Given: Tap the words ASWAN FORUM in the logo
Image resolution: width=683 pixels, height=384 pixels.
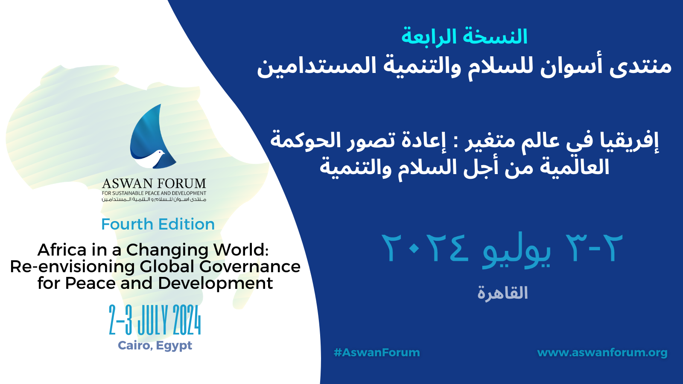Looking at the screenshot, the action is pos(154,184).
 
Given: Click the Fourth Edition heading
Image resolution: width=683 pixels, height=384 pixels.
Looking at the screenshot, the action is pos(158,224).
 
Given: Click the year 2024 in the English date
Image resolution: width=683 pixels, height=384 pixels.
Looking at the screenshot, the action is pos(187,320).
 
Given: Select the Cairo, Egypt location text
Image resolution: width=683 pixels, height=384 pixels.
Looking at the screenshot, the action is pos(155,346).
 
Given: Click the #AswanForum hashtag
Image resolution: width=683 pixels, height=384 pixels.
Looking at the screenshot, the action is pos(377,352).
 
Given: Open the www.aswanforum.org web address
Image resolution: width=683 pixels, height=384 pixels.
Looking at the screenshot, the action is pos(602,353).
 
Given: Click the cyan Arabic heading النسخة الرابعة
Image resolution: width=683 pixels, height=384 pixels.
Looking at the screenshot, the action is pos(464,37).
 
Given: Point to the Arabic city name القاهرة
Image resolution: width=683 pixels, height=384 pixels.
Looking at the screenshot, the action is pos(502,293).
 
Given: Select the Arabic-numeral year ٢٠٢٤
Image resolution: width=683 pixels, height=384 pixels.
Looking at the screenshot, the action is pos(425,249).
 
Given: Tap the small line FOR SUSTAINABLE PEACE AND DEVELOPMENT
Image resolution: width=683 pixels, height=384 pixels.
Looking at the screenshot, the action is pos(154,193).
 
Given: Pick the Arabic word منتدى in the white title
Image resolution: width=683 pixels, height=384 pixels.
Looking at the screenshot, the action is pos(640,67).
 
